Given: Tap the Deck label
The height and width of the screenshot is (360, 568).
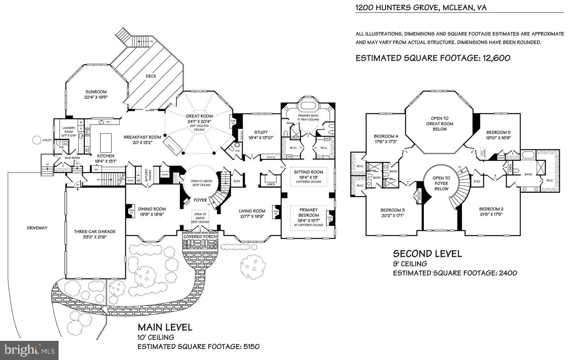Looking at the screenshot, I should pos(151,76).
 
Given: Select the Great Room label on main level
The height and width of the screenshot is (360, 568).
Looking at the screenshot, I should pos(199,116).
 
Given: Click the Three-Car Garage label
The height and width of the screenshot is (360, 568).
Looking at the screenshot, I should pos(95,231).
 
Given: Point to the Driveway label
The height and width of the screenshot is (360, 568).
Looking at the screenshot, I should pos(37,228).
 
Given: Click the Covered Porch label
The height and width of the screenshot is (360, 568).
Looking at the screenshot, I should pos(200,236).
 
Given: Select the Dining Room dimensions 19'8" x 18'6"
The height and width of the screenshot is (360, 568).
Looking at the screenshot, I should pos(152,214).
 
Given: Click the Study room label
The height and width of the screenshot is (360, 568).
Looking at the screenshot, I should pos(261,132).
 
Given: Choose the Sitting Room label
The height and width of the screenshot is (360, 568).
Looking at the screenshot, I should pos(308,172).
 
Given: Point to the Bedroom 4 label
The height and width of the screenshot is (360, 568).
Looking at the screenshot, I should pos(386,136).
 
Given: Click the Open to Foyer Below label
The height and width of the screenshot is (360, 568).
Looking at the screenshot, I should pos(441,183).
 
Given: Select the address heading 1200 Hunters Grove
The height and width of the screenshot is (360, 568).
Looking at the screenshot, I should pos(421,7).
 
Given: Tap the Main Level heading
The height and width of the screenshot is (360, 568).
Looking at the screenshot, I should pos(165,327).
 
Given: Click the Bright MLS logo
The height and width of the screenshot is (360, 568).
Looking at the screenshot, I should pos(29,351).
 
